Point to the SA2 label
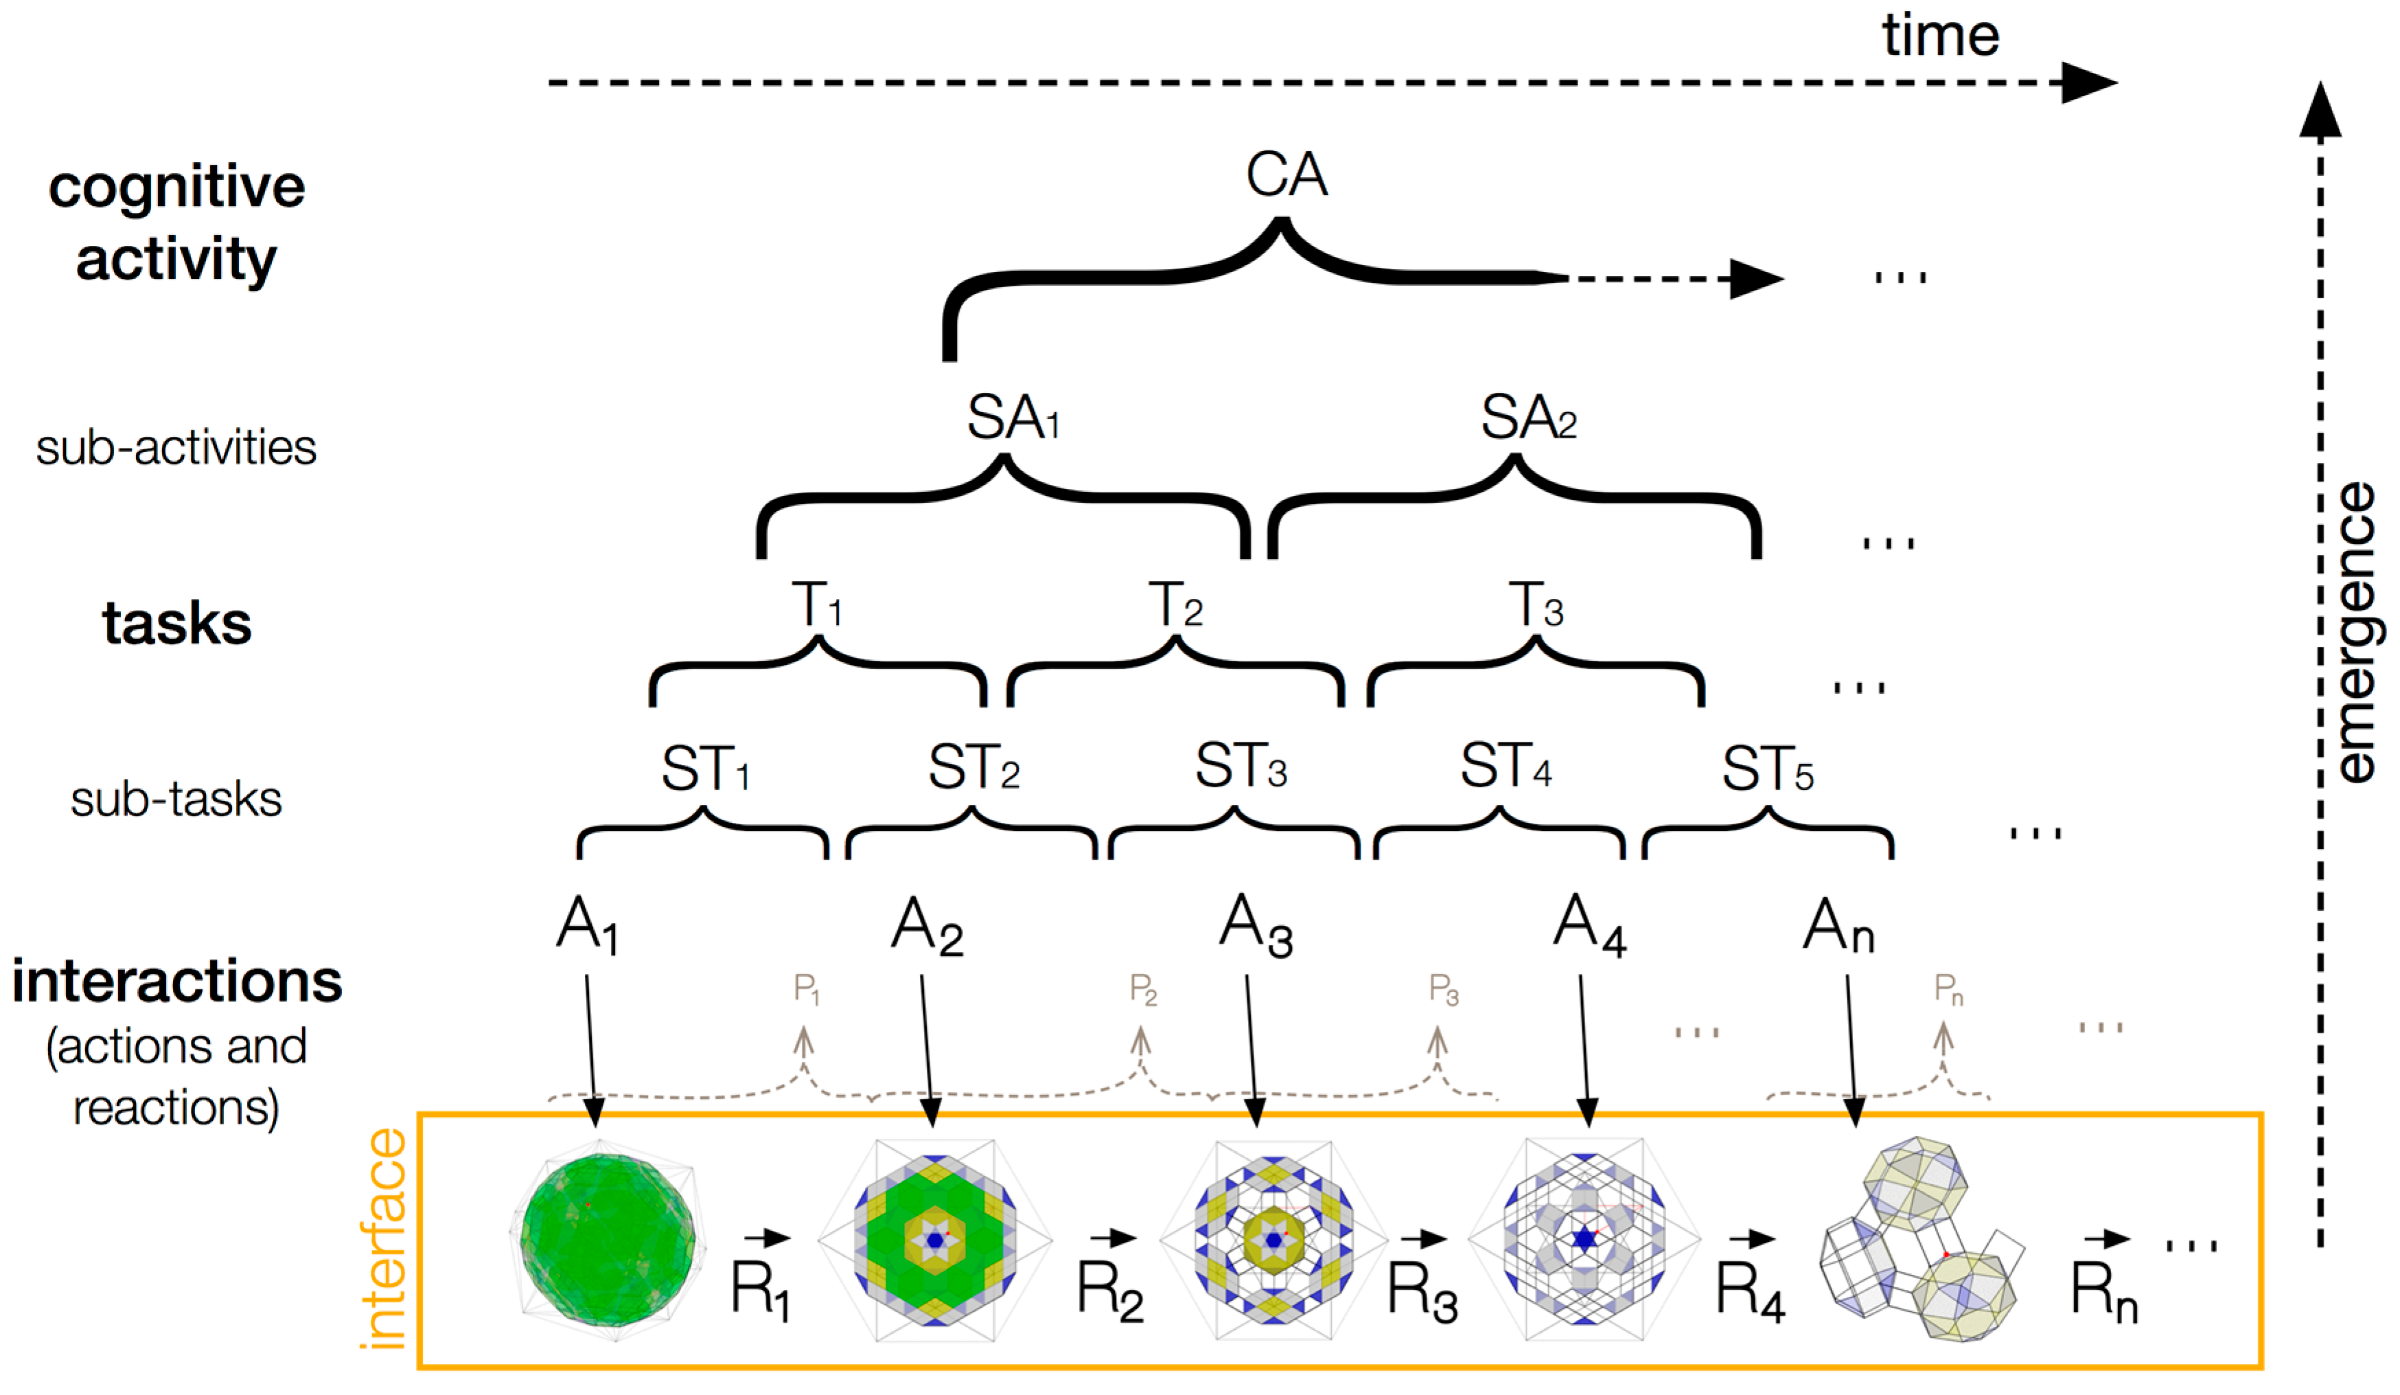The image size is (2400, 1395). pos(1527,418)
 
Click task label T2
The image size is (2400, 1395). pos(1175,606)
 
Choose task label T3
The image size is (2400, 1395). pos(1535,606)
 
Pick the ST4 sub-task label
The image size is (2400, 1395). pos(1505,767)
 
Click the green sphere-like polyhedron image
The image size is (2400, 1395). pos(608,1238)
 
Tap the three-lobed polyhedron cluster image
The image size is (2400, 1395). pos(1919,1238)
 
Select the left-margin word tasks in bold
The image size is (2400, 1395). pos(177,624)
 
